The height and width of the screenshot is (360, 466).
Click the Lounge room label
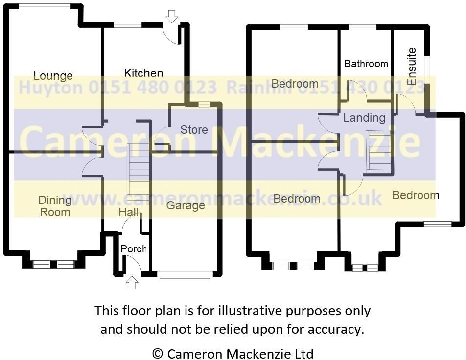53,76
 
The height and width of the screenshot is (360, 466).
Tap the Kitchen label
143,73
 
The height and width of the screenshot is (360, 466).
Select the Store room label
194,130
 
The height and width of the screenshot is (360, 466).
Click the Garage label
185,205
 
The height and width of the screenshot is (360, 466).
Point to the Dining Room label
54,206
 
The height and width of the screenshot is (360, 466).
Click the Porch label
134,248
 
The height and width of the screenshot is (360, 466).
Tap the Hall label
128,212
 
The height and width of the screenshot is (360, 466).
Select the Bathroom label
366,64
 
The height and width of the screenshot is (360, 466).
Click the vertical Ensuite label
412,67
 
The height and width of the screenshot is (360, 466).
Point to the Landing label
364,118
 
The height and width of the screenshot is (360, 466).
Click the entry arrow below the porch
132,282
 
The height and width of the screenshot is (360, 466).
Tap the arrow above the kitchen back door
171,17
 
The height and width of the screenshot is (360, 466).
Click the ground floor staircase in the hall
139,169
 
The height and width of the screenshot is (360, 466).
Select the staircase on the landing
380,151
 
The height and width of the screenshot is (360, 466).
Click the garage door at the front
186,274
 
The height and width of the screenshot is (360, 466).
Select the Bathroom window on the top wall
362,27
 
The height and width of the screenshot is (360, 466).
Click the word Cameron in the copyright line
192,353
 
